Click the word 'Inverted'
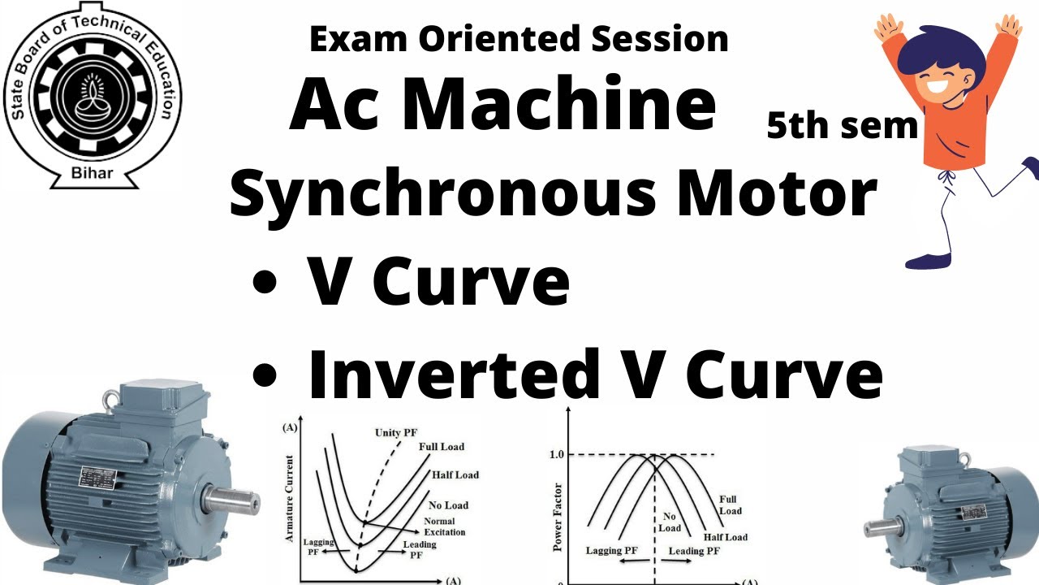450,373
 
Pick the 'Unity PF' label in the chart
399,432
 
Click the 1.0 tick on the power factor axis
556,454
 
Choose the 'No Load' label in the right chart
670,522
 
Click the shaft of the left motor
235,497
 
